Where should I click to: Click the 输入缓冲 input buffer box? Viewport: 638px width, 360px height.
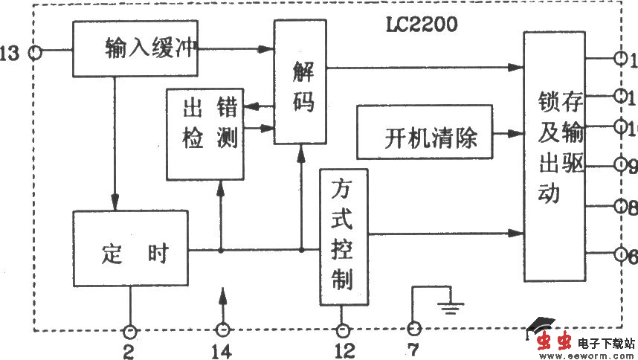pyautogui.click(x=135, y=48)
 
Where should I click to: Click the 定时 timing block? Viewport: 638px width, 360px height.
pyautogui.click(x=131, y=253)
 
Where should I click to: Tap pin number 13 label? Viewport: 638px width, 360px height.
pyautogui.click(x=10, y=54)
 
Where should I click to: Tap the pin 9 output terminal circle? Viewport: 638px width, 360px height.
pyautogui.click(x=622, y=166)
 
